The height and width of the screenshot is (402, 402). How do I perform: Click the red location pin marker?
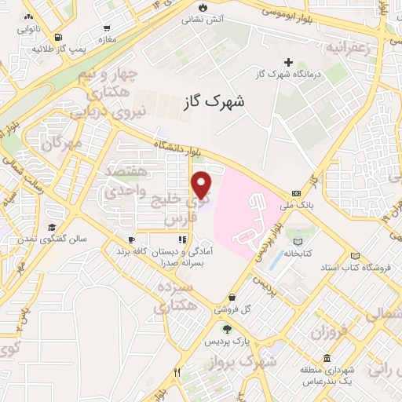(x=203, y=185)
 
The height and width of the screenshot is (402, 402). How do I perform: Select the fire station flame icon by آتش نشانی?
(x=205, y=6)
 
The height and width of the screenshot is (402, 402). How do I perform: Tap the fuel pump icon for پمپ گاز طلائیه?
(x=59, y=37)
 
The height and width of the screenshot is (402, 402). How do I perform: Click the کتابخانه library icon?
(x=298, y=242)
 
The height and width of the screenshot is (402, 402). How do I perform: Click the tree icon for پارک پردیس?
(x=227, y=329)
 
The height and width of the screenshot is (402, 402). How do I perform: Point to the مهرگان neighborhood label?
(x=64, y=144)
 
